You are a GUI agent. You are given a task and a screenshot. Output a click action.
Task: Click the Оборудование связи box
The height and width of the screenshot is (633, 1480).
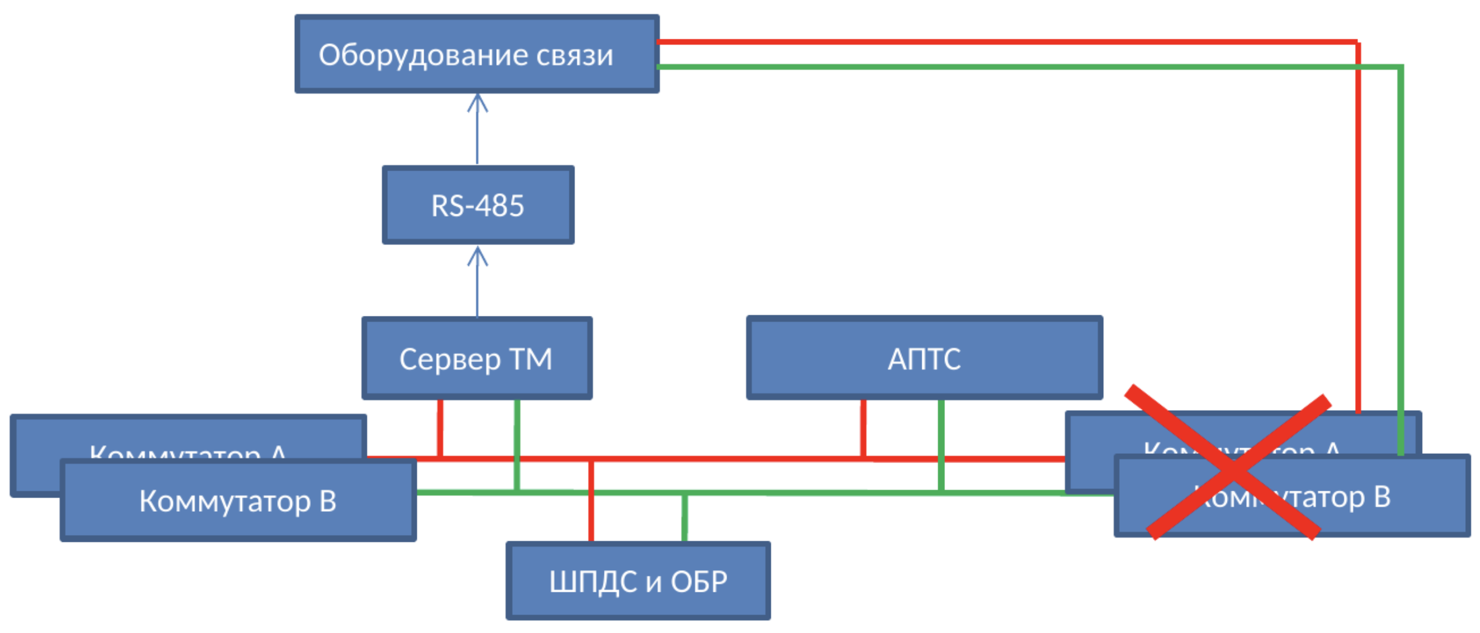477,54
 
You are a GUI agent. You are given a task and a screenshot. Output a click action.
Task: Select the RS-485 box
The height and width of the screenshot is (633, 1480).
478,205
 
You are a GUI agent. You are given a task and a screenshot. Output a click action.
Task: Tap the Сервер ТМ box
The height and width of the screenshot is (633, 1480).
477,358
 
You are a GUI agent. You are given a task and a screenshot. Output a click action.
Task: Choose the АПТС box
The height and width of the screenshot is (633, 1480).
923,358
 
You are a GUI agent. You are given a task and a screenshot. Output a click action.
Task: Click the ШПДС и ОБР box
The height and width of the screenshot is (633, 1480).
638,581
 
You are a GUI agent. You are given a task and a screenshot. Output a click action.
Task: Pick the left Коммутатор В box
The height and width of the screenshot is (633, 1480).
238,501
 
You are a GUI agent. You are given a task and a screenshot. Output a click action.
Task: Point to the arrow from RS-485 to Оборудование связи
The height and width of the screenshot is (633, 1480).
477,129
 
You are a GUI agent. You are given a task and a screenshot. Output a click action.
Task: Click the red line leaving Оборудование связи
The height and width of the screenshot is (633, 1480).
985,42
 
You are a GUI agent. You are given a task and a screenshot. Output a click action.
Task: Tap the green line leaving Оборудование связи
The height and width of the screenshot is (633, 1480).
985,67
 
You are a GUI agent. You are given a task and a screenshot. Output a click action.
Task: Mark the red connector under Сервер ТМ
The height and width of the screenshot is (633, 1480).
440,428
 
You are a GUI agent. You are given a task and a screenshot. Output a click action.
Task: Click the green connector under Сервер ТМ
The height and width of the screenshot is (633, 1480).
517,443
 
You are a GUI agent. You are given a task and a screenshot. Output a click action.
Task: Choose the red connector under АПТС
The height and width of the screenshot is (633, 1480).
864,428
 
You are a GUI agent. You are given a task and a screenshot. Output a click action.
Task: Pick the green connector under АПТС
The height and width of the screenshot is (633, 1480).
941,443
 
